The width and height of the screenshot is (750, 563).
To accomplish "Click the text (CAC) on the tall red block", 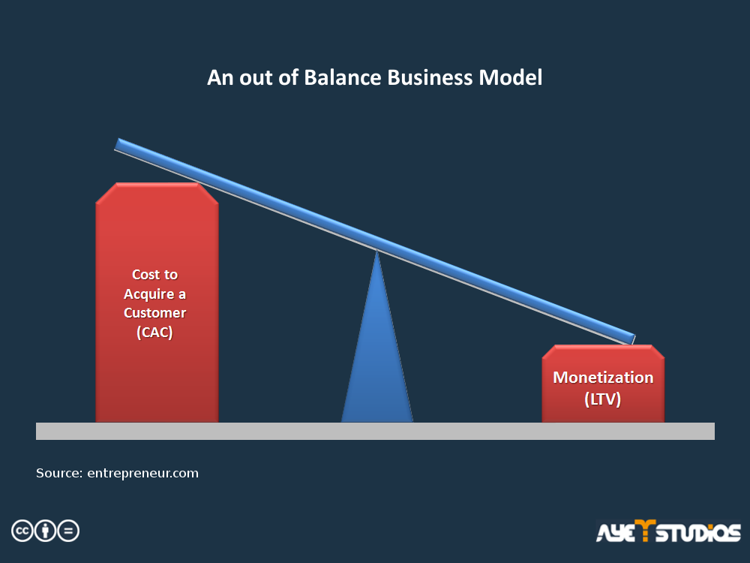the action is click(x=154, y=332).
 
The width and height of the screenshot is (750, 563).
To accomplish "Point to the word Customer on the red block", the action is click(x=155, y=312).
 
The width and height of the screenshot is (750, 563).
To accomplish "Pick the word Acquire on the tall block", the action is click(x=148, y=294).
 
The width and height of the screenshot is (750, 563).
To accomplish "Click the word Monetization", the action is click(x=603, y=378).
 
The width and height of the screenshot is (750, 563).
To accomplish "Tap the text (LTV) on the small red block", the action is click(x=603, y=399).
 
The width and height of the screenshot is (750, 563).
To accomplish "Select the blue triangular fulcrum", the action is click(x=377, y=345).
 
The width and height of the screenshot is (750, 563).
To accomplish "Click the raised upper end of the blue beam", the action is click(x=118, y=144).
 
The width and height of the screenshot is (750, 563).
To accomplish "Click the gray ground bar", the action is click(x=375, y=431).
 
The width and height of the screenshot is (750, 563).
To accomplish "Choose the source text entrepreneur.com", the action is click(x=142, y=474).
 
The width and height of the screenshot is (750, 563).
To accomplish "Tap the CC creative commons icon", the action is click(x=22, y=531).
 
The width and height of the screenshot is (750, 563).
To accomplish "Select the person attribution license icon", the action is click(x=46, y=531).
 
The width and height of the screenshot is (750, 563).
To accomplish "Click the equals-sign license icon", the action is click(x=68, y=531).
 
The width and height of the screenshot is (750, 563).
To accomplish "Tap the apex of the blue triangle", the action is click(x=377, y=250).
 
